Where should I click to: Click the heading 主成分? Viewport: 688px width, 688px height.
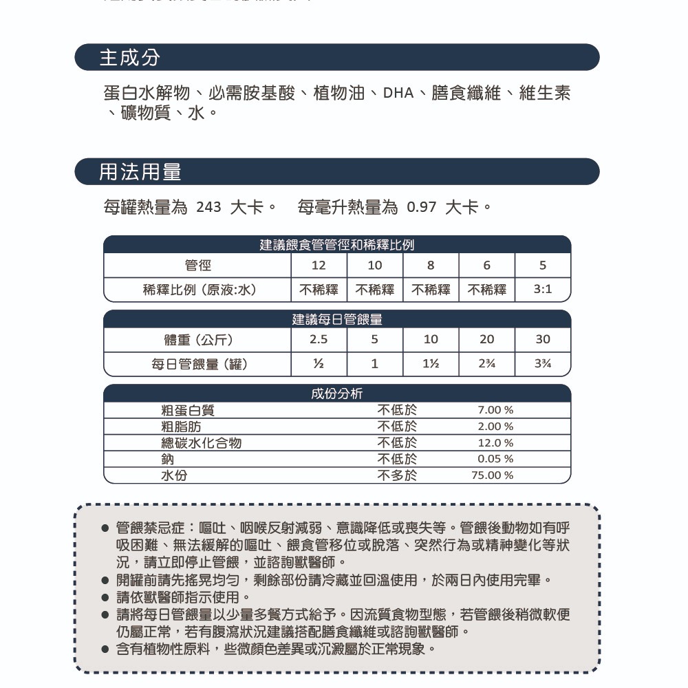tap(130, 58)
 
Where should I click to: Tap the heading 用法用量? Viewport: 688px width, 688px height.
tap(140, 172)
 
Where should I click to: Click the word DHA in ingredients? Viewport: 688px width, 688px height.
tap(398, 94)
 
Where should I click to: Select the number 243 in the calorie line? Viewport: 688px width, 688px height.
tap(208, 207)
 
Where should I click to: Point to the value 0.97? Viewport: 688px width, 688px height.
tap(422, 207)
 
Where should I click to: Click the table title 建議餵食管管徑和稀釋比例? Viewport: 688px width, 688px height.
tap(337, 245)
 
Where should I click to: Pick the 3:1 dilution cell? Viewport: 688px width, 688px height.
tap(543, 290)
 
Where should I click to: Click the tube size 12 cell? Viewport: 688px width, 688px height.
tap(319, 266)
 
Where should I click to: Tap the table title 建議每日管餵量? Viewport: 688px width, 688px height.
tap(337, 319)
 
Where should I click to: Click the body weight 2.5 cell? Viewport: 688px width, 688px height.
tap(319, 340)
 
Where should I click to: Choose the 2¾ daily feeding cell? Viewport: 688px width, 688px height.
tap(486, 364)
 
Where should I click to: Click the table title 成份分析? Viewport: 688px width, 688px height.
tap(337, 394)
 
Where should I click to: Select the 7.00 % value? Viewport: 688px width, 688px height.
tap(495, 411)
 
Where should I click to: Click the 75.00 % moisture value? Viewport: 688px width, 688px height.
tap(493, 475)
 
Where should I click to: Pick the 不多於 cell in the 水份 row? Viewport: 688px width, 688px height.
tap(397, 475)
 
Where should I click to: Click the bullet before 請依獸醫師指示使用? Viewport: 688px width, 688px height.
tap(105, 597)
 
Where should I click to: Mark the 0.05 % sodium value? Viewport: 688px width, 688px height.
tap(495, 459)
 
